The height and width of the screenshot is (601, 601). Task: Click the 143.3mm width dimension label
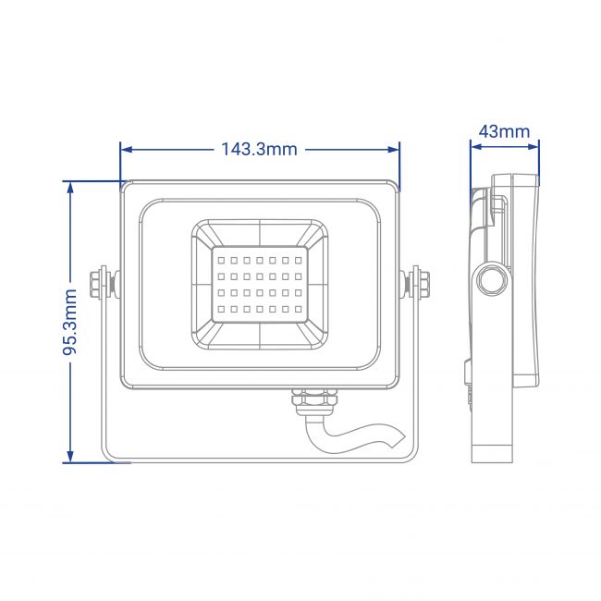click(x=260, y=149)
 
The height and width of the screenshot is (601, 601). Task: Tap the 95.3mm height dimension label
click(x=70, y=322)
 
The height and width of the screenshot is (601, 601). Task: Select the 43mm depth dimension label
click(x=505, y=131)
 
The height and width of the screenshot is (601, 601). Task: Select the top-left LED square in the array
click(x=221, y=260)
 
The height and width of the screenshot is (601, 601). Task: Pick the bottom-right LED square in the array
click(x=299, y=309)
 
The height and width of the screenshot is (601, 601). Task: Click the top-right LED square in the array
click(x=299, y=260)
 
